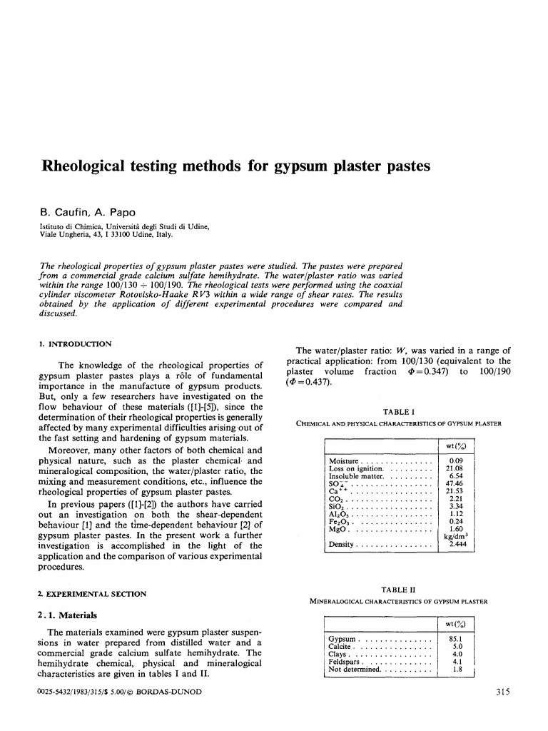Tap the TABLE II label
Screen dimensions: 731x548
coord(399,590)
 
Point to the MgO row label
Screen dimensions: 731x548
coord(338,529)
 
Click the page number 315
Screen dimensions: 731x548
coord(502,692)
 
